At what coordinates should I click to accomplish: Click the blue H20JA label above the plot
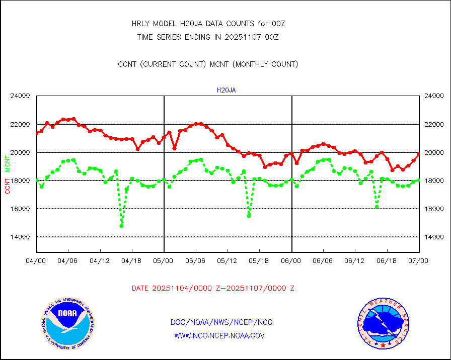point(226,91)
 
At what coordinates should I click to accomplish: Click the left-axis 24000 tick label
point(21,96)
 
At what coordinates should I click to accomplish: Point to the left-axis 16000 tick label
point(21,209)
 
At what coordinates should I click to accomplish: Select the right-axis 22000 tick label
point(434,124)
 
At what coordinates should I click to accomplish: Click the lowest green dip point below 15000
point(121,226)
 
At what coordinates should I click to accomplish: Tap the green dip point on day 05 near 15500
point(249,216)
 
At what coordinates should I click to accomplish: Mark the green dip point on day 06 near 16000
point(377,207)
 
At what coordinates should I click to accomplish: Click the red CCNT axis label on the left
point(8,185)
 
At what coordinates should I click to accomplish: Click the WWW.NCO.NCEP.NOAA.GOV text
point(219,335)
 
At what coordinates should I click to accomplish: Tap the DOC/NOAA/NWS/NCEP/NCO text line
point(221,322)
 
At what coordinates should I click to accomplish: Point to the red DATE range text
point(213,289)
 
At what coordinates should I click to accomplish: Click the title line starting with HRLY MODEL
point(208,24)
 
